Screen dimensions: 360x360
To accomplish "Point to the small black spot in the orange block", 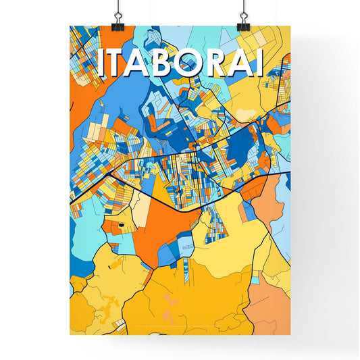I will pyautogui.click(x=121, y=226).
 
